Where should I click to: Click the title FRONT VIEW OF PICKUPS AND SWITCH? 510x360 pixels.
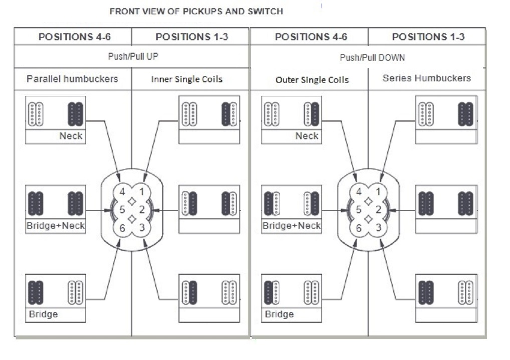[x=196, y=12]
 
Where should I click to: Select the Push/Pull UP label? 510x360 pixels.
[x=133, y=56]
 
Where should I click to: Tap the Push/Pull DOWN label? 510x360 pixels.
[x=372, y=58]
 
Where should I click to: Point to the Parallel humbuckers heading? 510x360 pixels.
[x=72, y=79]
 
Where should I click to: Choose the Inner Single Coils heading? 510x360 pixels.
[x=187, y=79]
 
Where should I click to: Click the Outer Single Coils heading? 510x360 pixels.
[x=312, y=80]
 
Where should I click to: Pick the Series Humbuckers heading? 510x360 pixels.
[x=427, y=78]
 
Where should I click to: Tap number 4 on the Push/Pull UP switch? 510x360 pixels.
[x=122, y=192]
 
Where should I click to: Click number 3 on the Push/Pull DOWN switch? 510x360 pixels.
[x=378, y=227]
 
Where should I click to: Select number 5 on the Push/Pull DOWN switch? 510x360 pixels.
[x=359, y=209]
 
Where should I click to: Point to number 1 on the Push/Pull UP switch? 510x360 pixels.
[x=142, y=192]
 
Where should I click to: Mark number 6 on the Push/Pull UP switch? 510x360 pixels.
[x=122, y=228]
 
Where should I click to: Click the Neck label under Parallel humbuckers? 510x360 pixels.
[x=71, y=136]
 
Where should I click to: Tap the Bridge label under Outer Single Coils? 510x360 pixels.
[x=279, y=314]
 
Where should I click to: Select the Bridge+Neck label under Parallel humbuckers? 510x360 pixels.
[x=55, y=226]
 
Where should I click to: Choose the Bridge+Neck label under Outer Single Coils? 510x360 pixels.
[x=292, y=226]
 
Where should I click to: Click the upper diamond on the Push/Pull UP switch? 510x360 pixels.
[x=132, y=201]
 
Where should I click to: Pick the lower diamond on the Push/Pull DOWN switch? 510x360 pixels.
[x=369, y=219]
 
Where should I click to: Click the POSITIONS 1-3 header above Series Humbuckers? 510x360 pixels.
[x=428, y=37]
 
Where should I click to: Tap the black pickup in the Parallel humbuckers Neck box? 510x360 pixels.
[x=76, y=114]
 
